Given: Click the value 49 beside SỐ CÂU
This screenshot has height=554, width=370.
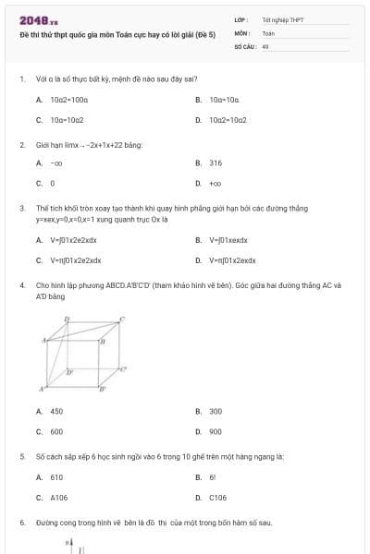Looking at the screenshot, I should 265,44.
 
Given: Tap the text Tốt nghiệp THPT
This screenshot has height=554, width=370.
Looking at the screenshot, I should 282,19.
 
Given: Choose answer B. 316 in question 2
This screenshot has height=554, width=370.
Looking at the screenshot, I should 209,163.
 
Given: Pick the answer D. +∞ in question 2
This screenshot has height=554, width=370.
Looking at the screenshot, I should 209,183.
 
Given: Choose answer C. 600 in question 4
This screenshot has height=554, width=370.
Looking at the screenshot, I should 50,431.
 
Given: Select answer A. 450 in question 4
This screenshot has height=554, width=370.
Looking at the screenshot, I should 50,411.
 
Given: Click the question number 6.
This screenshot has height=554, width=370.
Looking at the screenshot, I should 21,523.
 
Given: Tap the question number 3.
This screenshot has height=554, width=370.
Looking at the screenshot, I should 21,209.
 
